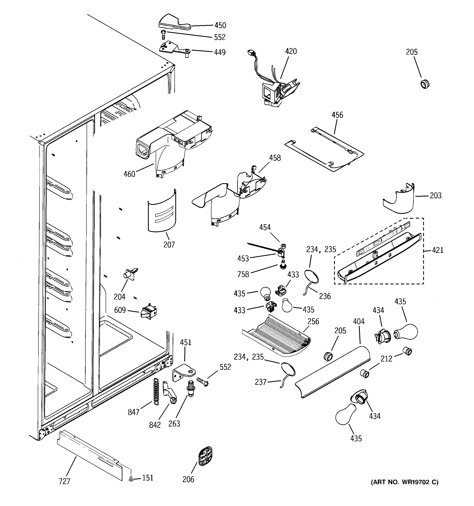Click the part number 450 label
click(220, 25)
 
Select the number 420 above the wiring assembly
click(291, 51)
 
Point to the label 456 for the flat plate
click(337, 115)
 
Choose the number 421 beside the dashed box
click(438, 250)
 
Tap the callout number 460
click(129, 174)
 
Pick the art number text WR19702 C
click(405, 482)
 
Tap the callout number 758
click(243, 274)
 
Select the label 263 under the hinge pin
click(174, 424)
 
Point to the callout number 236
click(325, 296)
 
